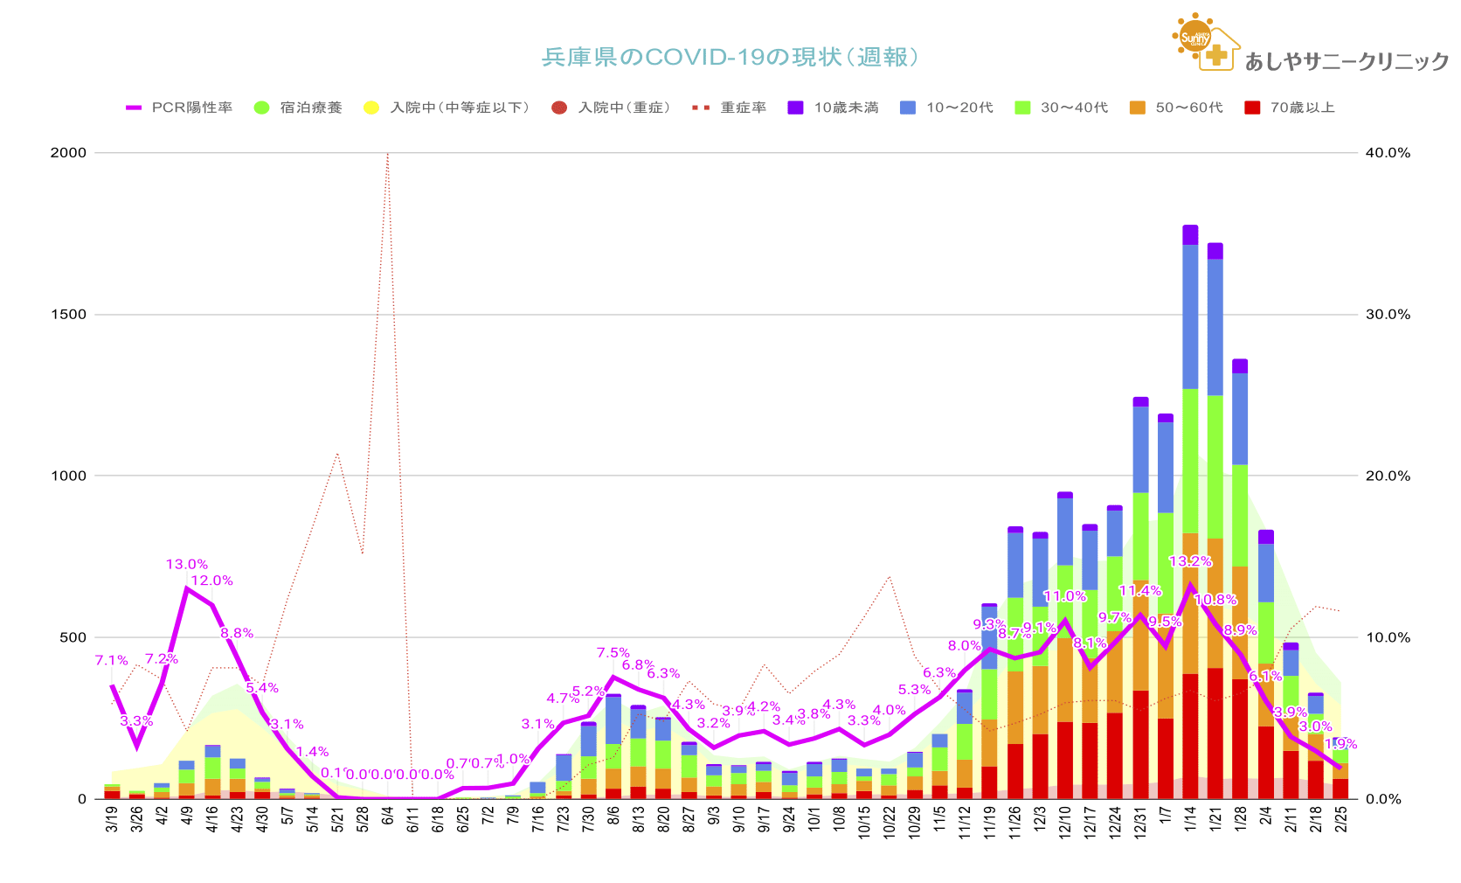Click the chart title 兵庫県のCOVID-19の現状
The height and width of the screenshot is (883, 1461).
tap(730, 58)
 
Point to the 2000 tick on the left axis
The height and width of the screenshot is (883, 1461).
tap(69, 152)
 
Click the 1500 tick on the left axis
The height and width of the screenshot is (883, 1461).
tap(69, 314)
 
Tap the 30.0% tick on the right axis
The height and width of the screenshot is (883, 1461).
tap(1388, 314)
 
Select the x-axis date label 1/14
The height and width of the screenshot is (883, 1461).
tap(1190, 821)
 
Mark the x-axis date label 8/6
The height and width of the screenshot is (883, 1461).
tap(613, 821)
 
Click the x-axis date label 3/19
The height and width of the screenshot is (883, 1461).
tap(112, 821)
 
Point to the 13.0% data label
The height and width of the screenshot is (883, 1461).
tap(187, 565)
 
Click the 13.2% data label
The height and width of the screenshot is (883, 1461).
tap(1190, 561)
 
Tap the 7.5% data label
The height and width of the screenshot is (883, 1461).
tap(613, 653)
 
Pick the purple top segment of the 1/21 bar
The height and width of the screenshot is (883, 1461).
tap(1215, 251)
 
